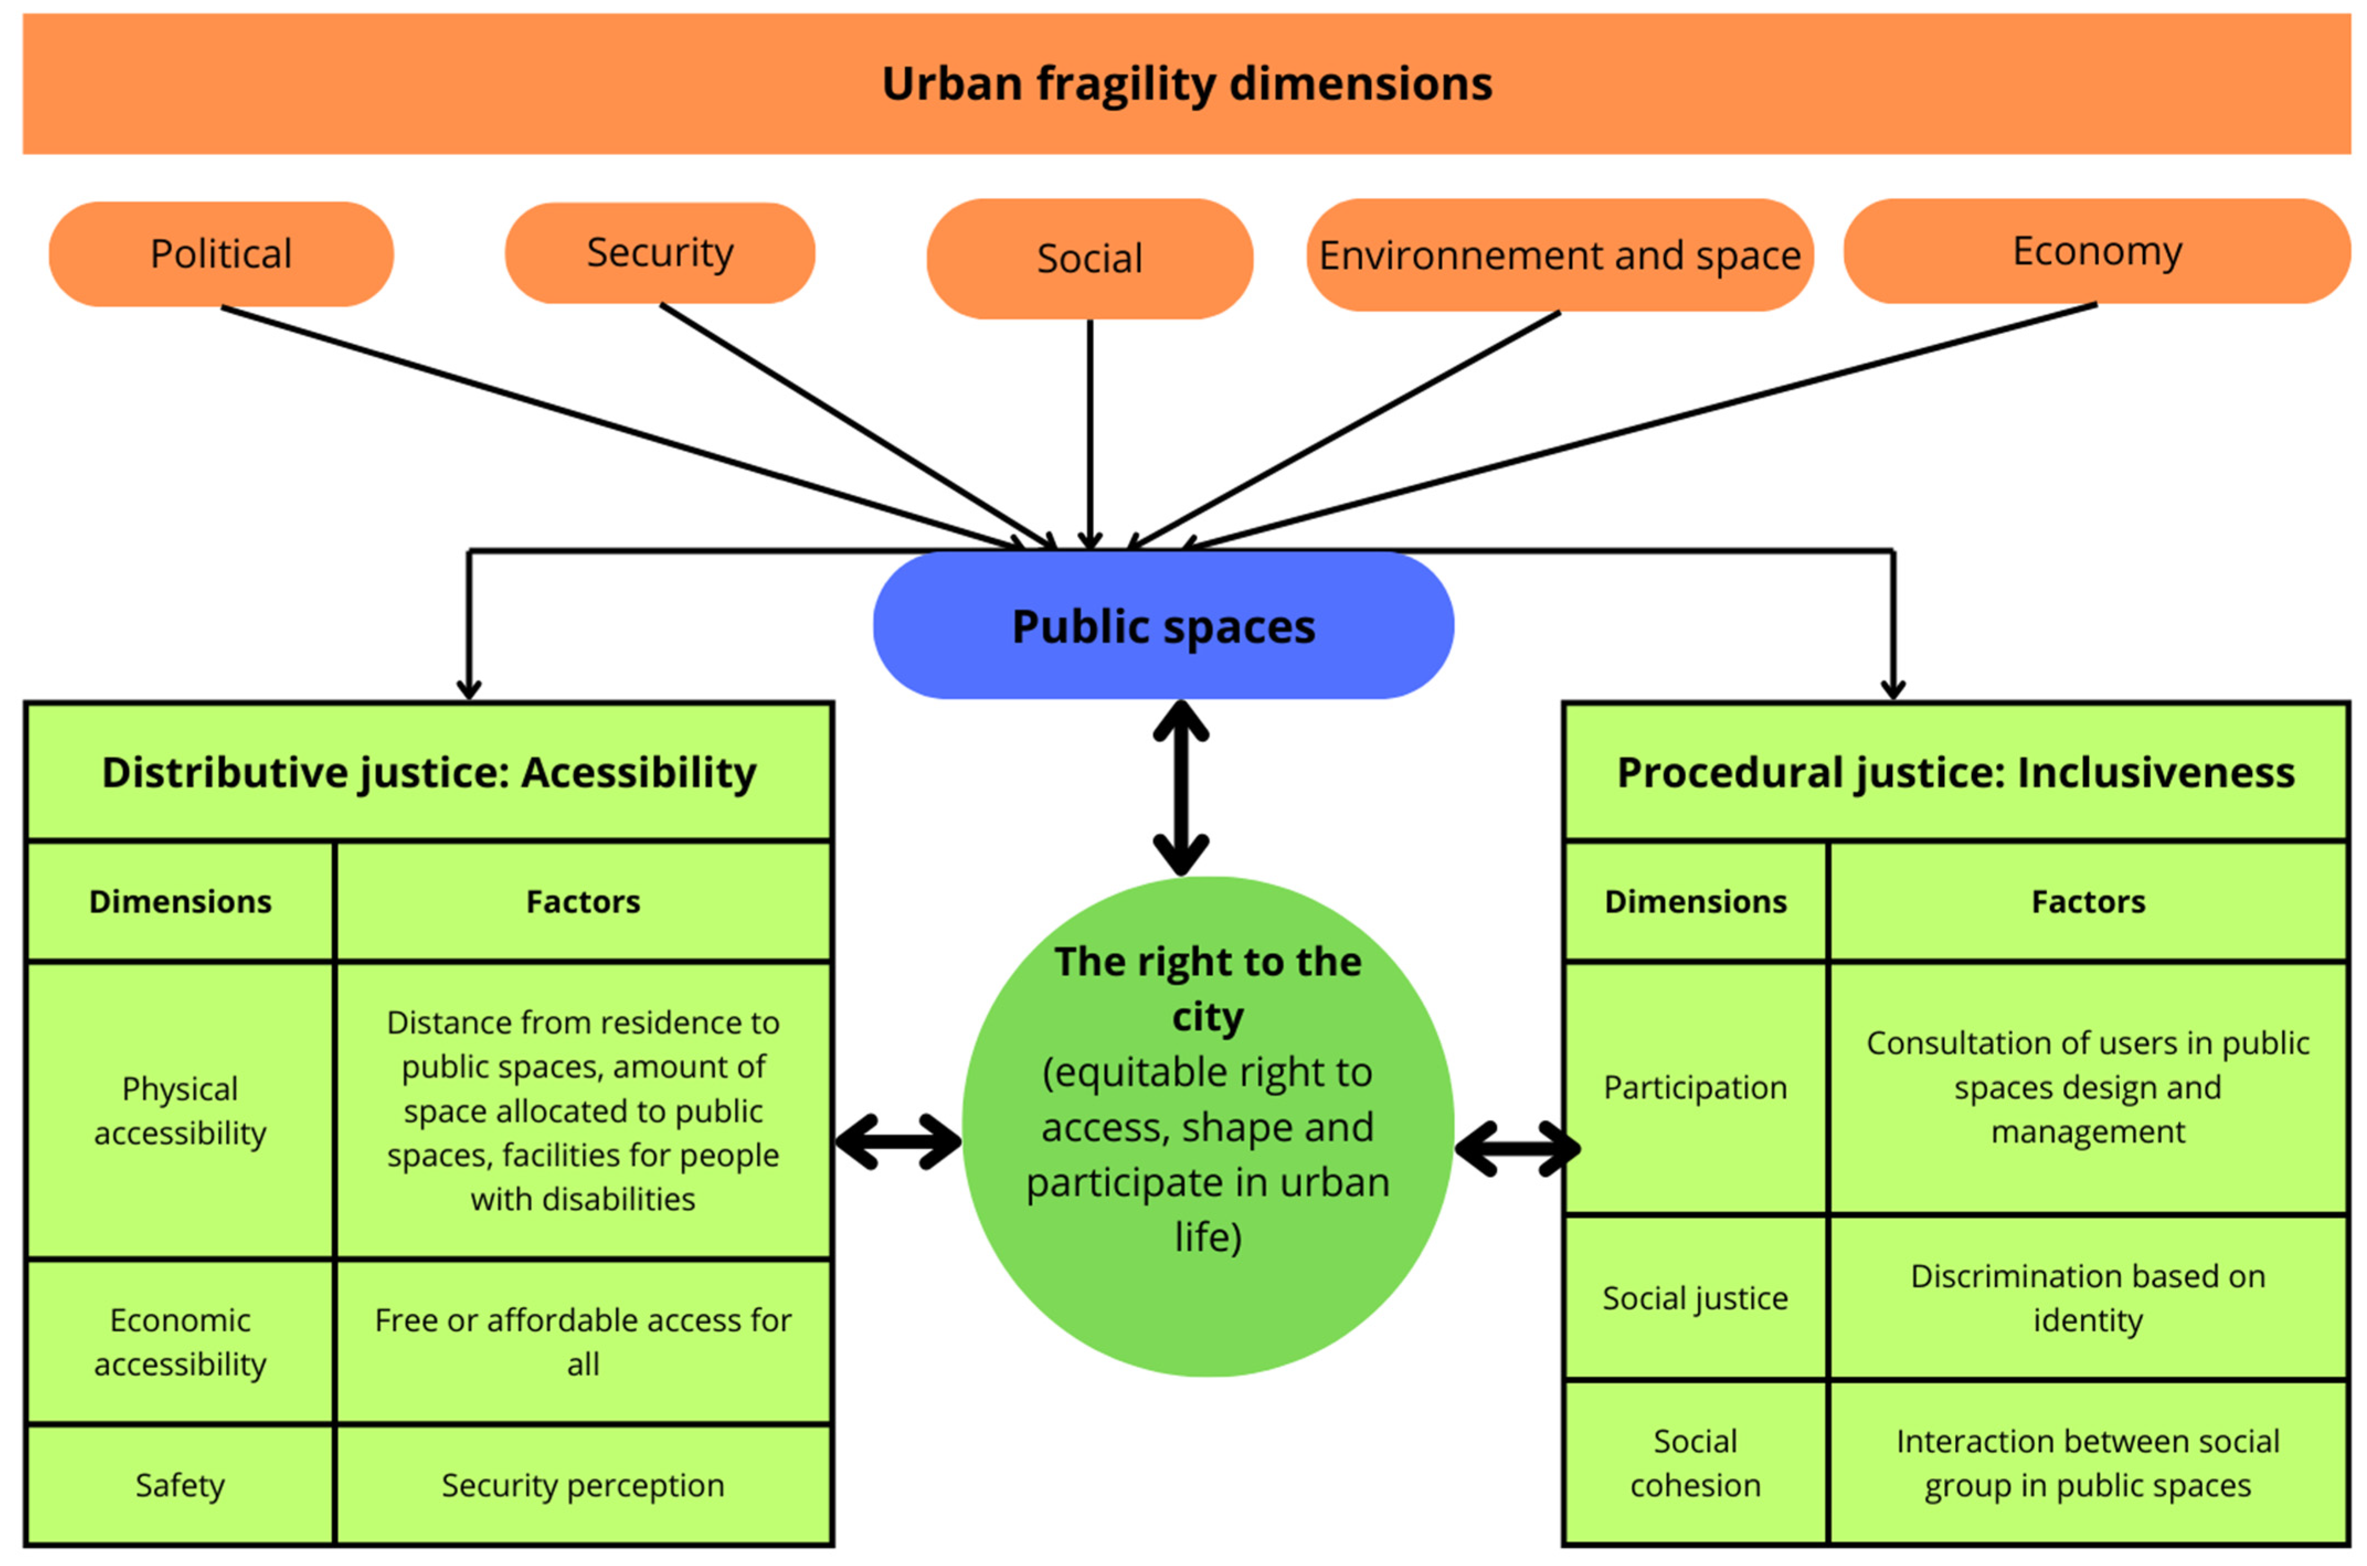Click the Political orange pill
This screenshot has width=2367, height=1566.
pyautogui.click(x=221, y=254)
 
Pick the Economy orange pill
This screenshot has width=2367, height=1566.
pyautogui.click(x=2097, y=251)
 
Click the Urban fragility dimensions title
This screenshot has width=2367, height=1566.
pyautogui.click(x=1186, y=84)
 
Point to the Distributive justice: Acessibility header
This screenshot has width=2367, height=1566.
pyautogui.click(x=428, y=772)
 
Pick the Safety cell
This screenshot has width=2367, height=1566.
pyautogui.click(x=180, y=1484)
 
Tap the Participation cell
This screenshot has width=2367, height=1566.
pyautogui.click(x=1695, y=1087)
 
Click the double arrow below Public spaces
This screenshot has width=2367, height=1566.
pyautogui.click(x=1181, y=788)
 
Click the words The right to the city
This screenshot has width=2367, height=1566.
pyautogui.click(x=1207, y=989)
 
